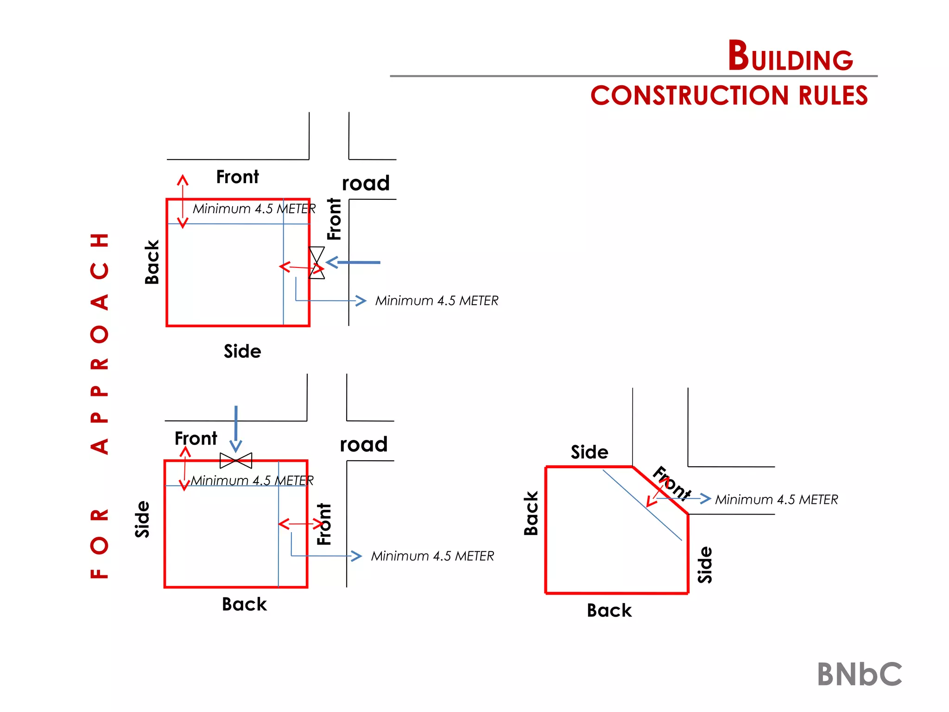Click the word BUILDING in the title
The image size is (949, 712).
pyautogui.click(x=790, y=57)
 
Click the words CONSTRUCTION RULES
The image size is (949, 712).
pyautogui.click(x=729, y=95)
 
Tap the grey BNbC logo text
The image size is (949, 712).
pyautogui.click(x=860, y=674)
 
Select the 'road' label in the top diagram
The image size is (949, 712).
pyautogui.click(x=366, y=183)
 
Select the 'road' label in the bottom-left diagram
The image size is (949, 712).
pyautogui.click(x=364, y=445)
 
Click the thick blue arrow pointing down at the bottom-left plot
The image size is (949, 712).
pyautogui.click(x=236, y=429)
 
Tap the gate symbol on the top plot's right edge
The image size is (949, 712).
pyautogui.click(x=317, y=262)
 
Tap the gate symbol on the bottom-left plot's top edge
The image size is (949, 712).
pyautogui.click(x=236, y=460)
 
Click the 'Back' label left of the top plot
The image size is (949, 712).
pyautogui.click(x=152, y=262)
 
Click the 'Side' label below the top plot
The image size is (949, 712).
pyautogui.click(x=242, y=351)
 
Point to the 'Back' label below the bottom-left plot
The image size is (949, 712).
pyautogui.click(x=244, y=604)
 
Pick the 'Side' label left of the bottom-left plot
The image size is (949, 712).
pyautogui.click(x=142, y=519)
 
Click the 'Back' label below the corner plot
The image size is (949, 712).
pyautogui.click(x=609, y=610)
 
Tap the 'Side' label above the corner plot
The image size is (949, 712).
pyautogui.click(x=589, y=452)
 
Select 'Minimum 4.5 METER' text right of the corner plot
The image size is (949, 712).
pyautogui.click(x=777, y=500)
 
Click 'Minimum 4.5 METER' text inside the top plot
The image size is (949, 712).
pyautogui.click(x=254, y=209)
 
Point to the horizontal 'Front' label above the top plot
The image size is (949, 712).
pyautogui.click(x=237, y=177)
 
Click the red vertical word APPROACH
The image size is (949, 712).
pyautogui.click(x=100, y=343)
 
